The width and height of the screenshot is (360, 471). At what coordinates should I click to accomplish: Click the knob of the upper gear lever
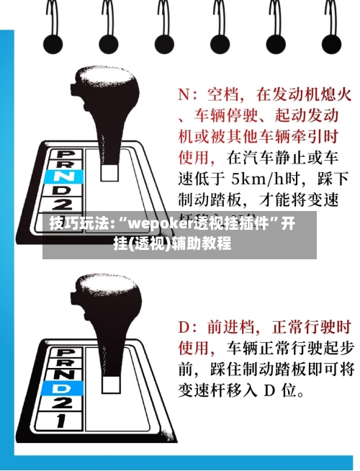(108, 93)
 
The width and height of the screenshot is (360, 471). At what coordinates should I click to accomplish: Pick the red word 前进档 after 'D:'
(230, 328)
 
